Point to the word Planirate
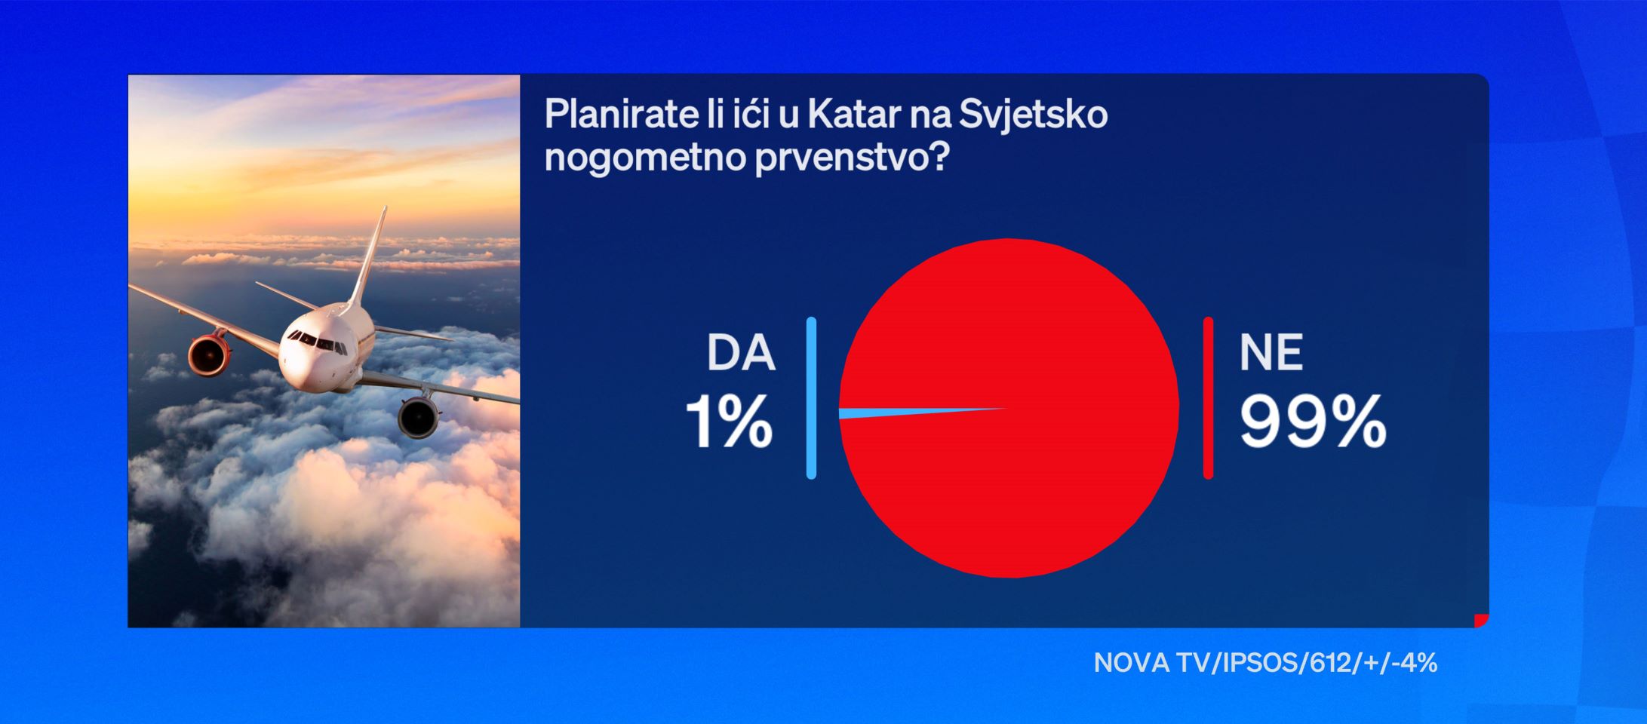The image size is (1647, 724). point(616,115)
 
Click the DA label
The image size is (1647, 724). point(741,353)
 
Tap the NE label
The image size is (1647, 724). point(1271,353)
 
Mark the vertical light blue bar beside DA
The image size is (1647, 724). point(811,398)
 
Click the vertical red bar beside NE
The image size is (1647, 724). point(1208,398)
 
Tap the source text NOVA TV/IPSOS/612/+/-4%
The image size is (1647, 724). point(1265,663)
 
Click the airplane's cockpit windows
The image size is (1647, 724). point(316,342)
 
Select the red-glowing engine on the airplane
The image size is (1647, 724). point(210,355)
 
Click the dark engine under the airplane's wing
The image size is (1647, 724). point(419,416)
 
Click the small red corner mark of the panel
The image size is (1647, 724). point(1483,621)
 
